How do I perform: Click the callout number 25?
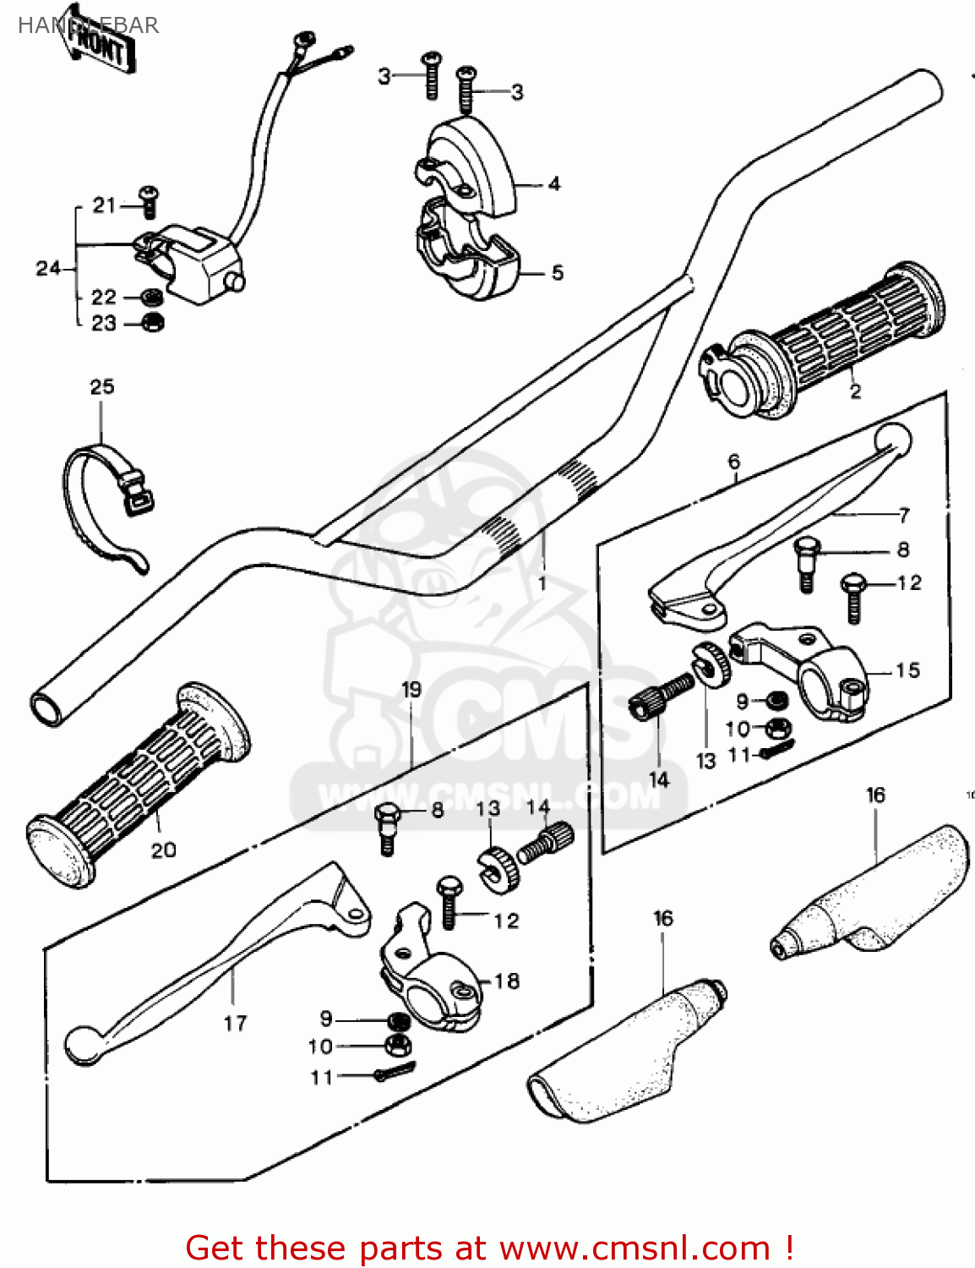(x=101, y=387)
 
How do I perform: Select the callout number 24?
(x=47, y=269)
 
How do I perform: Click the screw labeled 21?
(x=150, y=200)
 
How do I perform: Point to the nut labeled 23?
(x=152, y=322)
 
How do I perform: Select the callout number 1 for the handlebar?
(x=542, y=583)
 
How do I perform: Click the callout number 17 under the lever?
(x=235, y=1024)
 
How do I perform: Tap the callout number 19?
(x=411, y=690)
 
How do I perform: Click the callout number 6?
(x=733, y=462)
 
